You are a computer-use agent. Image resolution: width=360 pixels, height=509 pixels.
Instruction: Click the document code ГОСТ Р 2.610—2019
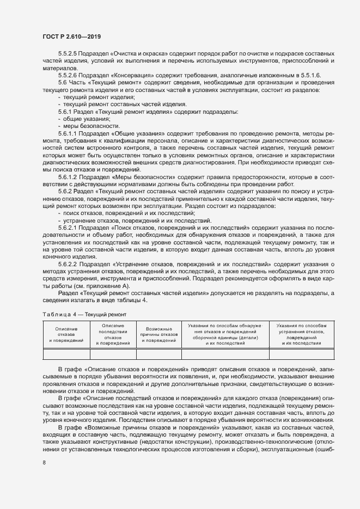(x=71, y=36)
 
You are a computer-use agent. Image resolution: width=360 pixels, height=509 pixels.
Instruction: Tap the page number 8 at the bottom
(x=44, y=463)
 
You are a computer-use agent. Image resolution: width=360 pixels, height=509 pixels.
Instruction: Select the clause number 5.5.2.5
(x=68, y=54)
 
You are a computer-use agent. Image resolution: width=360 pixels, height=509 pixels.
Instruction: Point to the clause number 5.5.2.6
(x=68, y=75)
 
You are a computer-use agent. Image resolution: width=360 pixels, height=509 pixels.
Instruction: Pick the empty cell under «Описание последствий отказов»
(x=113, y=354)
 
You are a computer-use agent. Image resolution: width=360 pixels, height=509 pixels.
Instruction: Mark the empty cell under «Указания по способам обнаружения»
(x=225, y=354)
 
